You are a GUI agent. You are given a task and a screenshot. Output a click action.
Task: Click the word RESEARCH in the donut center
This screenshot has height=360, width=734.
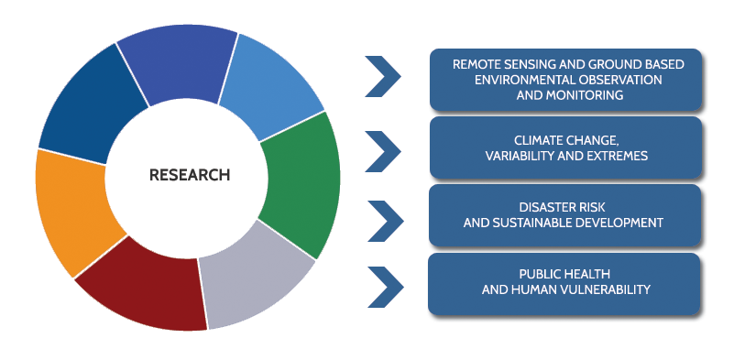pyautogui.click(x=190, y=175)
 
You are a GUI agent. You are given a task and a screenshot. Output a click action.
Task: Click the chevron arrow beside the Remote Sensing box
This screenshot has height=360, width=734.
pyautogui.click(x=383, y=76)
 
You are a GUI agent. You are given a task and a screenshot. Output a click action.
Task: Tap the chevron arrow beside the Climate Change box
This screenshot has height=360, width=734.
pyautogui.click(x=383, y=151)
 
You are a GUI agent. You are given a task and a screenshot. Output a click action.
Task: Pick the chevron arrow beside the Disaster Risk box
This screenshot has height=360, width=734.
pyautogui.click(x=385, y=221)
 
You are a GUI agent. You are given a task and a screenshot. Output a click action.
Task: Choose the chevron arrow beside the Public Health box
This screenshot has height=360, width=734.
pyautogui.click(x=385, y=287)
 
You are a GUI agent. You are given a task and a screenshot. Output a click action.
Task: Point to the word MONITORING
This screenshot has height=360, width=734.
pyautogui.click(x=570, y=95)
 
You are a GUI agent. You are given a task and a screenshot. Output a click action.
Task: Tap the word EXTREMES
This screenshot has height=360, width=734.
pyautogui.click(x=619, y=156)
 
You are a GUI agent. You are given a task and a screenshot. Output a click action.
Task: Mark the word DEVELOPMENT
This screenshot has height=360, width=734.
pyautogui.click(x=623, y=223)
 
